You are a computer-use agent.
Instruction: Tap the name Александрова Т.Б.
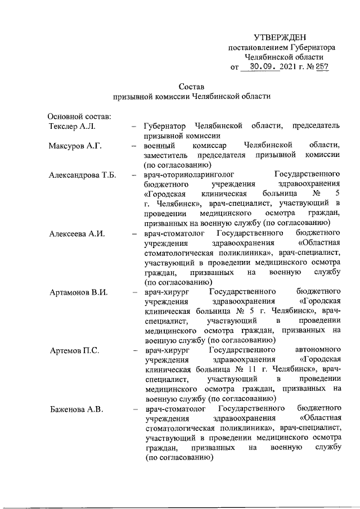point(82,175)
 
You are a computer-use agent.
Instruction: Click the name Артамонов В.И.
point(78,292)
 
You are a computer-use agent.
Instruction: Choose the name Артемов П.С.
point(74,351)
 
